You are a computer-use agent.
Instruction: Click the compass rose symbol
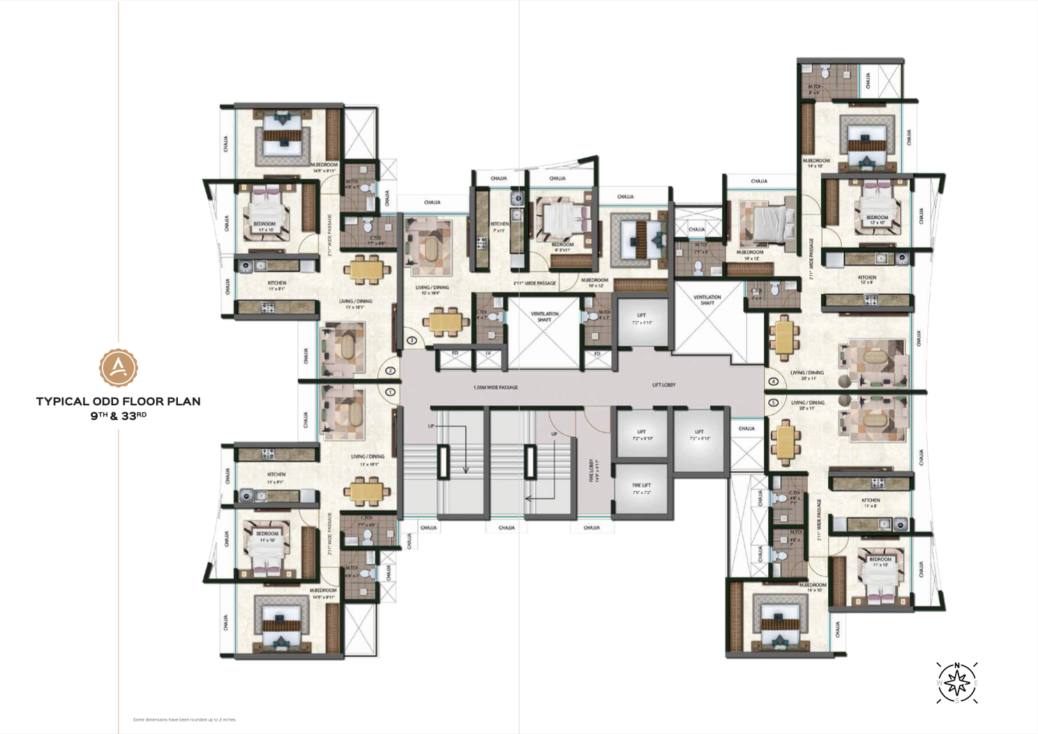[957, 682]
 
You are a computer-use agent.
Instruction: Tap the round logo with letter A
[118, 367]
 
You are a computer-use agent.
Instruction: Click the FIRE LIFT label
[642, 488]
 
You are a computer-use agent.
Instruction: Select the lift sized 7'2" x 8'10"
[700, 435]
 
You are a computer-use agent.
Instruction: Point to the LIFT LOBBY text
[664, 384]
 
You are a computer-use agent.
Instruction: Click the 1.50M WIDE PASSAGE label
[495, 387]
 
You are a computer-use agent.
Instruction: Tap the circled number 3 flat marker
[412, 340]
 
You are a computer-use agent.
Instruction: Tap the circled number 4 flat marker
[773, 382]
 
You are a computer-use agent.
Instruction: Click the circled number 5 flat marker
[773, 403]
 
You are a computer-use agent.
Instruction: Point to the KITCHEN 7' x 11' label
[499, 227]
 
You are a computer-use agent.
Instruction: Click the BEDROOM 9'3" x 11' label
[562, 247]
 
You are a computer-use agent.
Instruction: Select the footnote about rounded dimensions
[185, 719]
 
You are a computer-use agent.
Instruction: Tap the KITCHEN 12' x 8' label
[867, 280]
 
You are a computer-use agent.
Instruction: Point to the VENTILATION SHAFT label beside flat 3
[544, 316]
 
